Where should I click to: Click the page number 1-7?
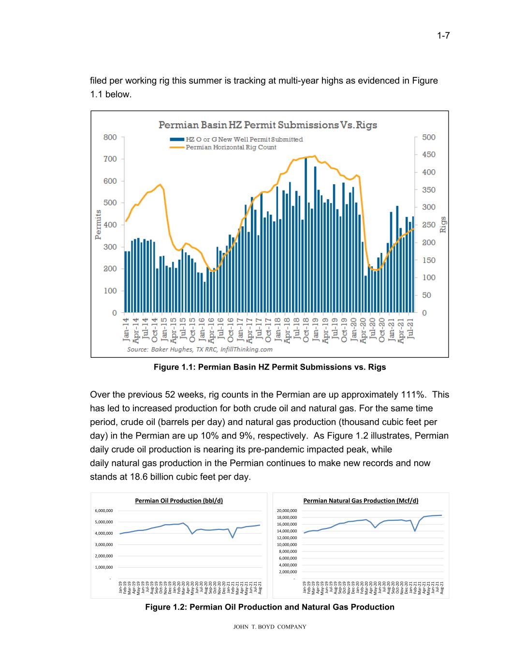click(x=443, y=36)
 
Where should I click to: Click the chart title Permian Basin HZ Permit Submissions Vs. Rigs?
click(x=268, y=125)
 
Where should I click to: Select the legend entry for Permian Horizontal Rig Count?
click(x=231, y=147)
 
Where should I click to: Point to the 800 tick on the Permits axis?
click(x=110, y=137)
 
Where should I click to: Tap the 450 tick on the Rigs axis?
click(x=428, y=155)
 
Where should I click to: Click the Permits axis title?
click(x=98, y=224)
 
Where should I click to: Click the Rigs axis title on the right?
click(x=443, y=224)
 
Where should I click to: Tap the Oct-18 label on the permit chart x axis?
click(x=306, y=329)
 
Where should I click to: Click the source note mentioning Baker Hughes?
click(x=200, y=349)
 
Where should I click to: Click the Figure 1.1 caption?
click(x=269, y=367)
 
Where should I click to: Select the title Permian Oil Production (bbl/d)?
click(x=179, y=500)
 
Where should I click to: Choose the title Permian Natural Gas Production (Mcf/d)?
click(x=361, y=500)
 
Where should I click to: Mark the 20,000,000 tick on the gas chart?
click(x=286, y=511)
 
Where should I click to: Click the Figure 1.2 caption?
click(x=269, y=607)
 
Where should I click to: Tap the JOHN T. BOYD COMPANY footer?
click(x=269, y=627)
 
